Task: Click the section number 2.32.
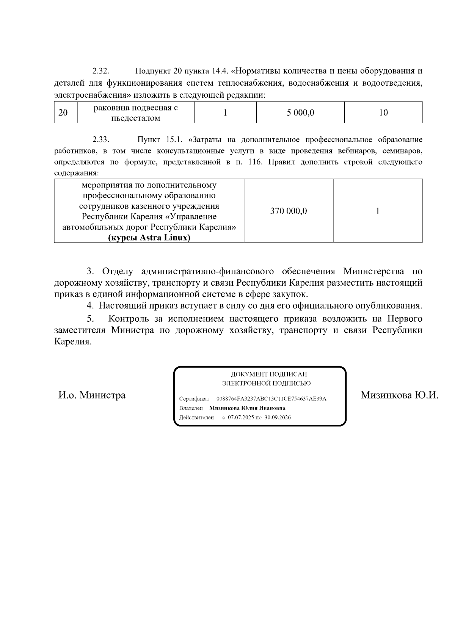point(101,71)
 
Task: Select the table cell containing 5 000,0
point(300,113)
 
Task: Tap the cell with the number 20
point(64,113)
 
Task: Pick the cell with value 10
point(383,113)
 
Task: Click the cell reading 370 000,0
point(289,211)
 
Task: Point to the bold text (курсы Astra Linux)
point(149,238)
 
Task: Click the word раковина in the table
point(111,108)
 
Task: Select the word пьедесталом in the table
point(136,118)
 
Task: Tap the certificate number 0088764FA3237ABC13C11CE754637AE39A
point(271,399)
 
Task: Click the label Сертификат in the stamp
point(194,399)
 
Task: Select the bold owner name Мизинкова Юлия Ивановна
point(248,408)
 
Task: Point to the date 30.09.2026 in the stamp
point(278,418)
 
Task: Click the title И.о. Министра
point(92,396)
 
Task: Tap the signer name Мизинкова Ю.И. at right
point(399,396)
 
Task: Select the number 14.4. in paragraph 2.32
point(220,71)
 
